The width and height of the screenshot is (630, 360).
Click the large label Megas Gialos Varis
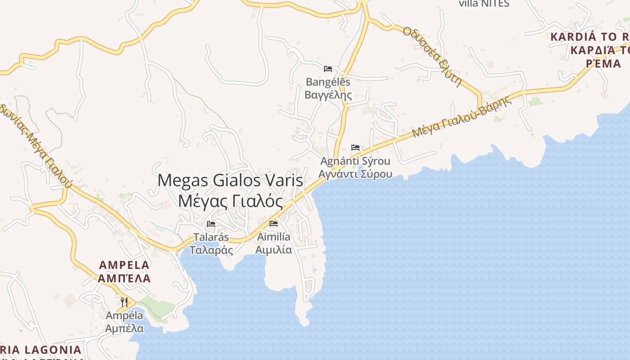pos(230,180)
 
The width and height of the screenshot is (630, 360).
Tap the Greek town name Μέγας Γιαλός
pos(230,201)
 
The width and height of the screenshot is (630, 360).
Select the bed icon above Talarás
pos(211,224)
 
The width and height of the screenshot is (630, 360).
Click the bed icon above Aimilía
pos(273,224)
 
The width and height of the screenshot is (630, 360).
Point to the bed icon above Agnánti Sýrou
pos(355,148)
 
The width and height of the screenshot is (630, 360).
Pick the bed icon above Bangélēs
pos(328,69)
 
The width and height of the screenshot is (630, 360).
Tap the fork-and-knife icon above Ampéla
pos(124,302)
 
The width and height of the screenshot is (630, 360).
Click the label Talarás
pos(211,237)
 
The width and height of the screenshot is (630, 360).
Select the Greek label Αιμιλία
pos(274,250)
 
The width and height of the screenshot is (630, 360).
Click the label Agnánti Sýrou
pos(355,161)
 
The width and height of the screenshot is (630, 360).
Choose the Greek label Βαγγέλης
pos(328,95)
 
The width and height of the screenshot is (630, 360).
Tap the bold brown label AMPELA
pos(124,265)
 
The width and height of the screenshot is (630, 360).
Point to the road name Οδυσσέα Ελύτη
pos(432,56)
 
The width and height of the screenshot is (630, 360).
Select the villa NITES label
pos(484,4)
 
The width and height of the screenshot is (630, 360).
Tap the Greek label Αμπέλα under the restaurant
pos(124,328)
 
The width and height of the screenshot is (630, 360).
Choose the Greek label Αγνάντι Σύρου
pos(355,174)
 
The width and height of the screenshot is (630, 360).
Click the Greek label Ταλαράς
pos(211,250)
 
